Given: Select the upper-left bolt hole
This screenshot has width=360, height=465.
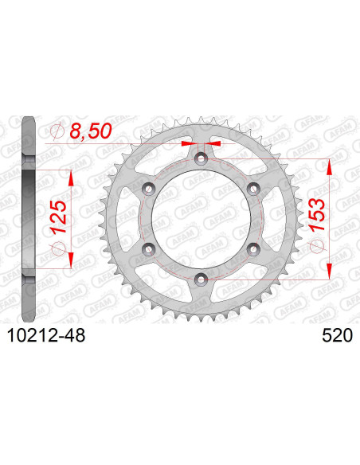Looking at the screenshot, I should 148,188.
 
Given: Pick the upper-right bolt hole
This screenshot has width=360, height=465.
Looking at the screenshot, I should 252,188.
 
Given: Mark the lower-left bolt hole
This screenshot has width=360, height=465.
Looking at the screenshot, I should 148,249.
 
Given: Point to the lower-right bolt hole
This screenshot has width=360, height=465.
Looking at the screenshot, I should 252,249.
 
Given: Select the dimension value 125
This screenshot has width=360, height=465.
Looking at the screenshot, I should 57,205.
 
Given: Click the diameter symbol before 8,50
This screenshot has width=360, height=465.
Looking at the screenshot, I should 57,131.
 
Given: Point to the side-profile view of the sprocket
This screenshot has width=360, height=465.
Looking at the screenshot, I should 28,219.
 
